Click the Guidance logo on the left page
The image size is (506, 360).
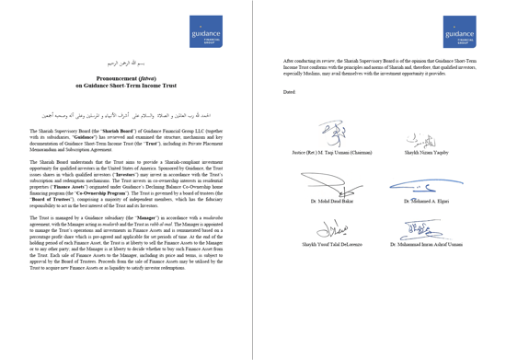tap(207, 31)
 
